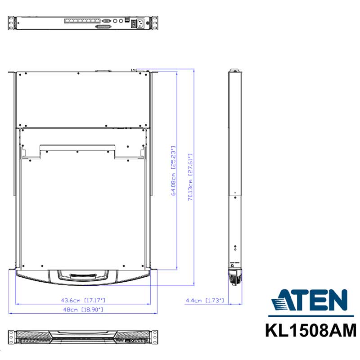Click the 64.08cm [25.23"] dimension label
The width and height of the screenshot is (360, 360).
coord(174,171)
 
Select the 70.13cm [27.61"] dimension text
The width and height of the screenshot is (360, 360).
coord(190,177)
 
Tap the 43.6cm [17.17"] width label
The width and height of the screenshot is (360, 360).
coord(83,300)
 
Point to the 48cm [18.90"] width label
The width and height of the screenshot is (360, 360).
coord(83,310)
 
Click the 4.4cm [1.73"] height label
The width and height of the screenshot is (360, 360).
coord(205,300)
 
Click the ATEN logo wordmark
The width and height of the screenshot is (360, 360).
coord(309,300)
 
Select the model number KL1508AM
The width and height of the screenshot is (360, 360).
coord(311,330)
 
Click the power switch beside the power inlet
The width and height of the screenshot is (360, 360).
coord(134,23)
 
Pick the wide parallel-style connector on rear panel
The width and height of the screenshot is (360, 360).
coord(103,27)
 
